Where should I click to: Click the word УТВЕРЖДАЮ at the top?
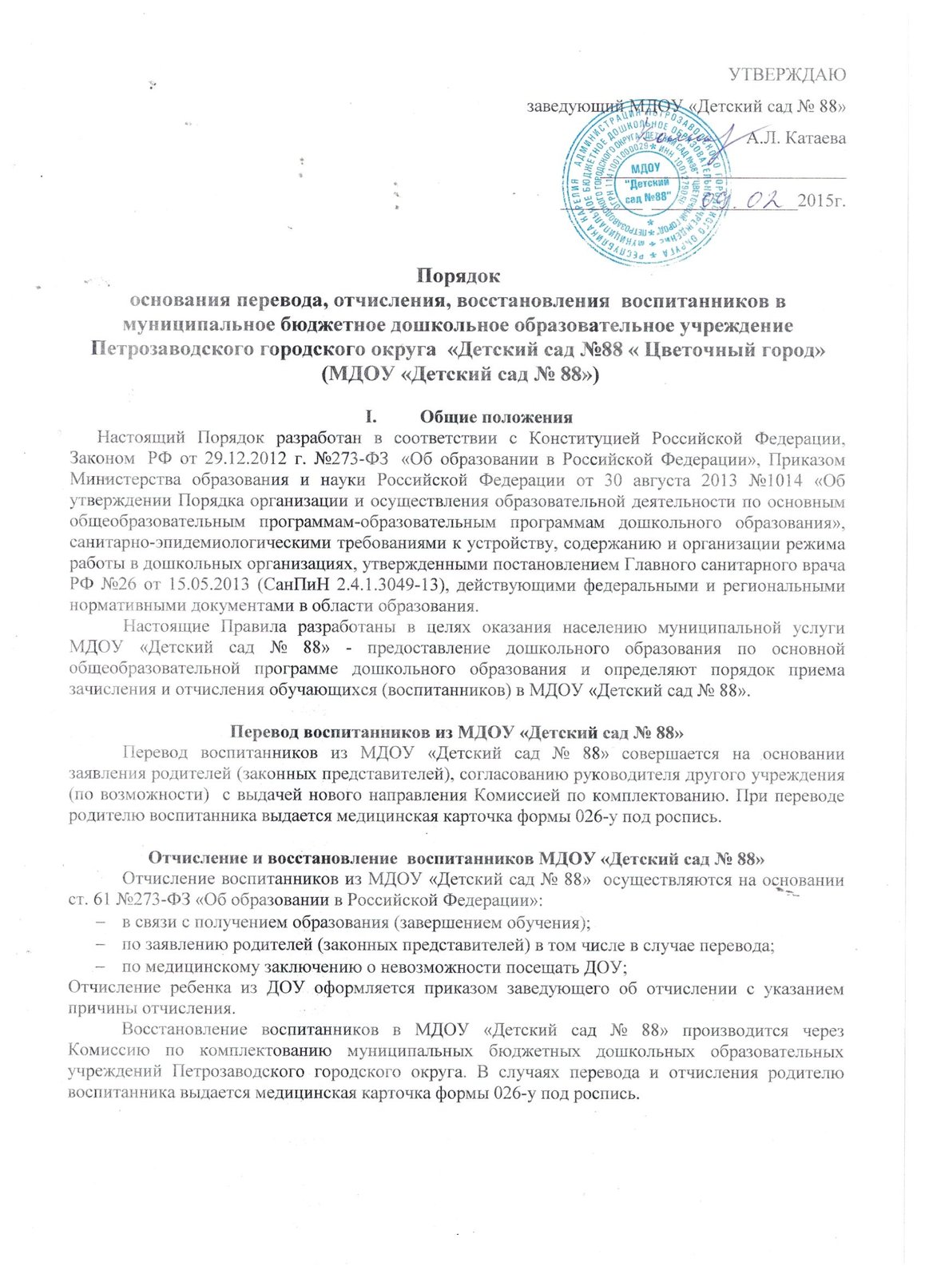click(788, 76)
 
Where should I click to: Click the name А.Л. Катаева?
click(796, 139)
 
